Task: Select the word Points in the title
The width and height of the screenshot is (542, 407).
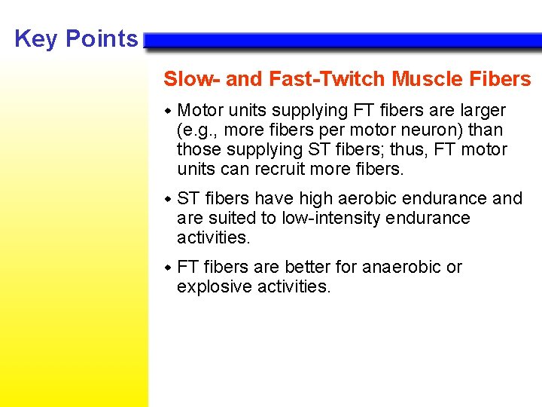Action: (102, 38)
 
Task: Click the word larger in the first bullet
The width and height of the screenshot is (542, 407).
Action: (482, 111)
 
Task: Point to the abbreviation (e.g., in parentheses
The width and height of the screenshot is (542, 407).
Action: (197, 130)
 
